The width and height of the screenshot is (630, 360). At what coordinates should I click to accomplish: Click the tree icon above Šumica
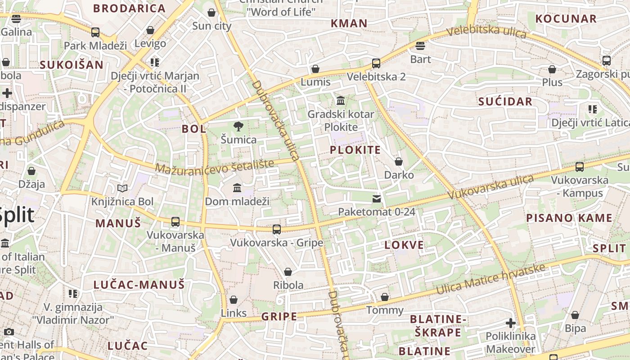pyautogui.click(x=238, y=126)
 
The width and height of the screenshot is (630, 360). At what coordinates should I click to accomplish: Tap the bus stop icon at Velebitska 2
pyautogui.click(x=376, y=63)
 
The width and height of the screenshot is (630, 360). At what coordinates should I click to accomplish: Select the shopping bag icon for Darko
pyautogui.click(x=399, y=162)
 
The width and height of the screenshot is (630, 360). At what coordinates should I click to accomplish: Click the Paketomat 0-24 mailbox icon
pyautogui.click(x=377, y=198)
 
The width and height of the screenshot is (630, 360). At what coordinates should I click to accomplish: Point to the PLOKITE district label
pyautogui.click(x=355, y=150)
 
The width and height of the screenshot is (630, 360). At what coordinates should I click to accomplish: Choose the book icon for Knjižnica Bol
pyautogui.click(x=122, y=188)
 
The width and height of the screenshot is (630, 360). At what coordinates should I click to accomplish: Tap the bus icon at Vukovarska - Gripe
pyautogui.click(x=277, y=229)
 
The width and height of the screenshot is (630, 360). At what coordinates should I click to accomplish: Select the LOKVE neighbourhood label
pyautogui.click(x=404, y=245)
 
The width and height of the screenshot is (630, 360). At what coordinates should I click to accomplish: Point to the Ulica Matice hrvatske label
pyautogui.click(x=490, y=279)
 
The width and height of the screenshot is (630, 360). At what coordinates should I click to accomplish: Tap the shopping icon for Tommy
pyautogui.click(x=385, y=297)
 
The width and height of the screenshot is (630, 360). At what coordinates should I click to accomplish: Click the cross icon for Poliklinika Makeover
pyautogui.click(x=510, y=323)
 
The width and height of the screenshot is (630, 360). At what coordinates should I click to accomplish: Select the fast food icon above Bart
pyautogui.click(x=420, y=46)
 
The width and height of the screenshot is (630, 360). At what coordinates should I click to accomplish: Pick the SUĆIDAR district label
pyautogui.click(x=505, y=102)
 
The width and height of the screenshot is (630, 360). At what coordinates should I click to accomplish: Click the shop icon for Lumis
pyautogui.click(x=315, y=69)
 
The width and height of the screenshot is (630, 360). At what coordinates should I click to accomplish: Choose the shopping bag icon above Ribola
pyautogui.click(x=288, y=272)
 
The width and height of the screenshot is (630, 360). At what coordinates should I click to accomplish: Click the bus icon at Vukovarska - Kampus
pyautogui.click(x=580, y=167)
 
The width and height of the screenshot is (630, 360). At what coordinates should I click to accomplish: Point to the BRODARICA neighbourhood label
pyautogui.click(x=130, y=8)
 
